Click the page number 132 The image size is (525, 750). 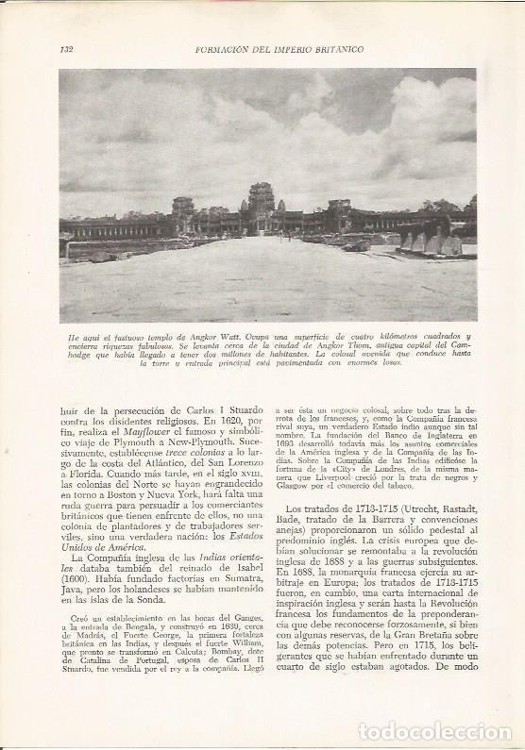(65, 49)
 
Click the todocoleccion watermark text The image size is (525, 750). (434, 731)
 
